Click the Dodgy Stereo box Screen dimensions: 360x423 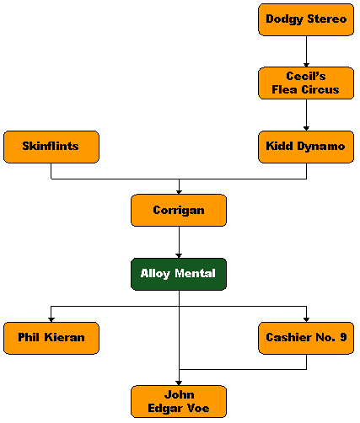click(x=306, y=19)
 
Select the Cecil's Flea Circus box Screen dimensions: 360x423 click(x=306, y=83)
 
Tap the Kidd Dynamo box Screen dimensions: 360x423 click(x=306, y=147)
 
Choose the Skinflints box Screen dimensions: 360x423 click(x=51, y=147)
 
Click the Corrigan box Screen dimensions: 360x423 click(x=179, y=211)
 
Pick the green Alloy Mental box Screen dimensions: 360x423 click(x=179, y=274)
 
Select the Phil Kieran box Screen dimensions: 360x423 click(x=51, y=338)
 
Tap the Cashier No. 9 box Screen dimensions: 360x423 click(x=306, y=338)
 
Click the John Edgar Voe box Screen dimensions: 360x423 click(x=179, y=402)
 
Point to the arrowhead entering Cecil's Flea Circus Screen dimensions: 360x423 click(x=306, y=65)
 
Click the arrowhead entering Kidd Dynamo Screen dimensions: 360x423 click(x=306, y=129)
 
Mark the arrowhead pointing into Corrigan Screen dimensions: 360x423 click(x=179, y=192)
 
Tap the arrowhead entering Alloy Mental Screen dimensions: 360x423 click(x=179, y=256)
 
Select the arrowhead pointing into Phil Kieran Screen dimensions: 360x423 click(x=51, y=320)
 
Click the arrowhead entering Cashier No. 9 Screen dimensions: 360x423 click(x=306, y=320)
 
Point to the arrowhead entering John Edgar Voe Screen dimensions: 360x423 click(x=179, y=383)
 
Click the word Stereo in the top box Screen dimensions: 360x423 click(x=327, y=19)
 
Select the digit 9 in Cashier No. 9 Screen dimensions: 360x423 click(x=343, y=337)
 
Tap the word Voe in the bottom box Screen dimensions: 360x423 click(x=198, y=408)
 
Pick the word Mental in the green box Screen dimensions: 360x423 click(x=195, y=273)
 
